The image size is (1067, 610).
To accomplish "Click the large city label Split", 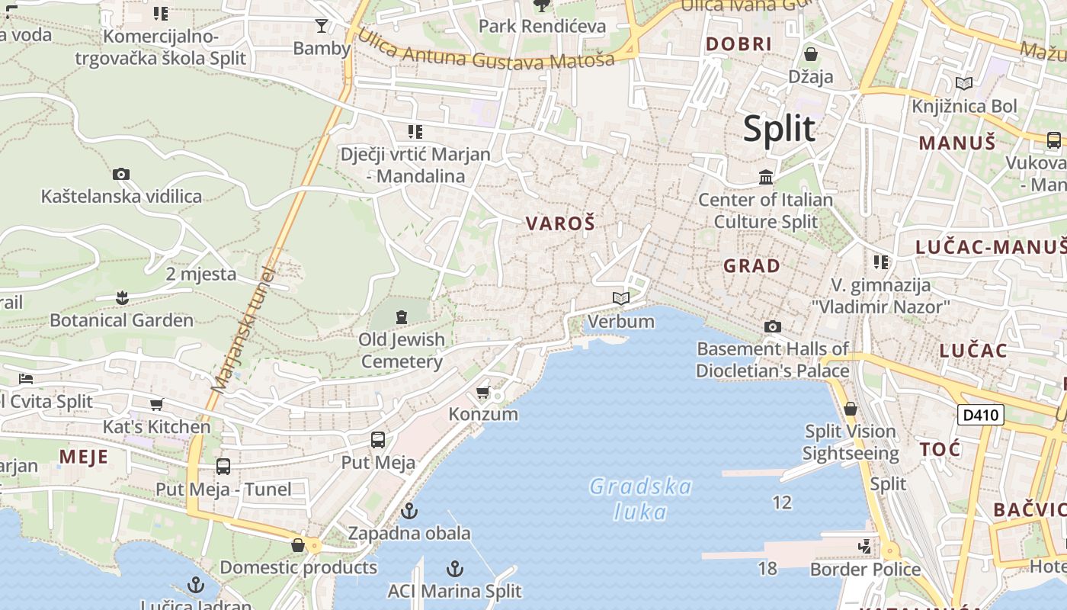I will point(779,128).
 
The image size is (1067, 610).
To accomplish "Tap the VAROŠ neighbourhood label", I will point(560,223).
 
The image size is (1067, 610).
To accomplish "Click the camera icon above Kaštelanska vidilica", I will point(121,175).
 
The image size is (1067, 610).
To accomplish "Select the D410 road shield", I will point(980,415).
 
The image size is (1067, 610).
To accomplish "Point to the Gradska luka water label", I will point(640,499).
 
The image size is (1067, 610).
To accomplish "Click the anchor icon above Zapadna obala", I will point(410,510).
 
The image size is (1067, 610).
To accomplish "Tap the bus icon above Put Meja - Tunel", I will point(223,466).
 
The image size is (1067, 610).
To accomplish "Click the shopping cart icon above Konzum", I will point(482,393).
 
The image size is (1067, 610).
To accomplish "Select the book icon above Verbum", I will point(621,298).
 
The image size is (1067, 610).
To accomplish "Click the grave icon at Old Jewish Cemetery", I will point(402,316).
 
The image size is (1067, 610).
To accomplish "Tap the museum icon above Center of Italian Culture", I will point(766,178).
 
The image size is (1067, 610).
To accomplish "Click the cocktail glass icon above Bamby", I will point(322,26).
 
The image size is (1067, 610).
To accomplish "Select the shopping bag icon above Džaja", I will point(811,54).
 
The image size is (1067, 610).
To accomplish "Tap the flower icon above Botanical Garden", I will point(121,297).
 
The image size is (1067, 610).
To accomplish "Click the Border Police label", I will point(865,570).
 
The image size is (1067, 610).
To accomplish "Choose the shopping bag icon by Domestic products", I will point(298,545).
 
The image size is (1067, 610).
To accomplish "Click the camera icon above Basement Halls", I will point(773,327).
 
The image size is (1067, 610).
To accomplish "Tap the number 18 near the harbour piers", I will point(767,567).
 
